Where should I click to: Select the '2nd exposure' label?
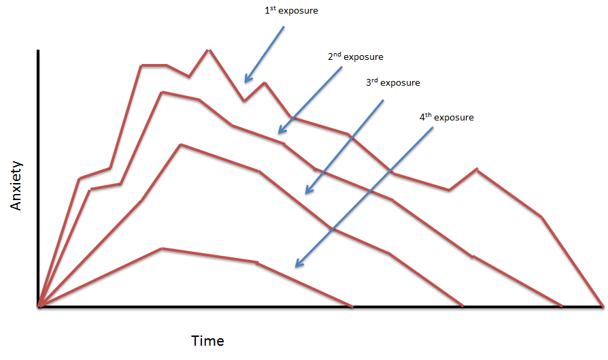tap(355, 57)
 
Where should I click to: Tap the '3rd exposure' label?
tap(392, 83)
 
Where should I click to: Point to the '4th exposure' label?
tap(446, 118)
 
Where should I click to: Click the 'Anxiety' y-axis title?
tap(17, 185)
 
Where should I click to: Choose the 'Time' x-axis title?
tap(207, 341)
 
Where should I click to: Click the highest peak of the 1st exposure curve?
tap(208, 50)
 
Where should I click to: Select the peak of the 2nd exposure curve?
tap(161, 92)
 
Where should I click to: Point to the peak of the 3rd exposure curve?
tap(180, 145)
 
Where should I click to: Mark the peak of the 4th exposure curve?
tap(162, 248)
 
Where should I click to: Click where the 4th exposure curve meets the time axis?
tap(352, 307)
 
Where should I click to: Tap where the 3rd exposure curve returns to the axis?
tap(463, 307)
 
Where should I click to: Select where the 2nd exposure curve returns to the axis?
tap(562, 307)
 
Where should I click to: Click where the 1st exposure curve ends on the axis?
tap(603, 306)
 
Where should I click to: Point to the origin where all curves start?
tap(40, 307)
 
